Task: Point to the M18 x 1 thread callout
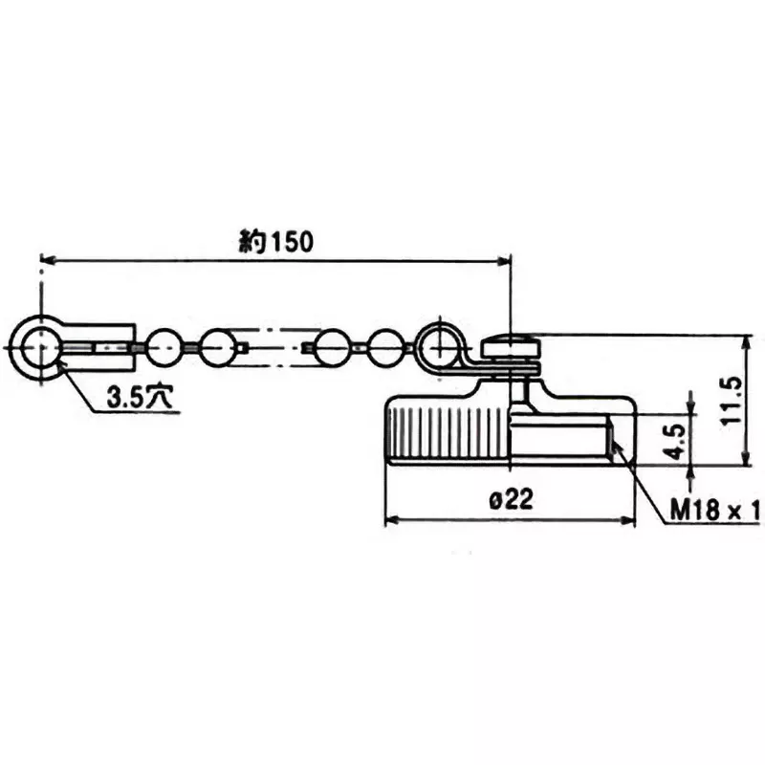coord(712,512)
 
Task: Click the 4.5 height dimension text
coord(675,439)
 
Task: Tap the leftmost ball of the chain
coord(164,346)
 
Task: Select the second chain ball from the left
coord(217,346)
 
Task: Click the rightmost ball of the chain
coord(387,346)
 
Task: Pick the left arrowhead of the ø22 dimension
coord(390,522)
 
